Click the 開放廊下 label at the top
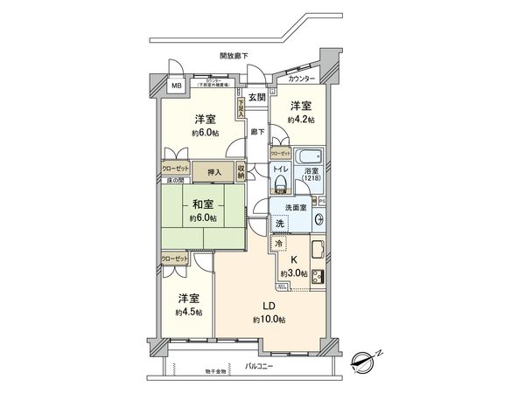(x=234, y=55)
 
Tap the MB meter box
(x=175, y=86)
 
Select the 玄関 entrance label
(x=256, y=97)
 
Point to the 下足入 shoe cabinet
(x=240, y=106)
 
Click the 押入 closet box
(x=213, y=172)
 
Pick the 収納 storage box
(x=241, y=171)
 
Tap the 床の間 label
(x=175, y=180)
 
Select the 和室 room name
(x=203, y=205)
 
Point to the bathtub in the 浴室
(x=311, y=158)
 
